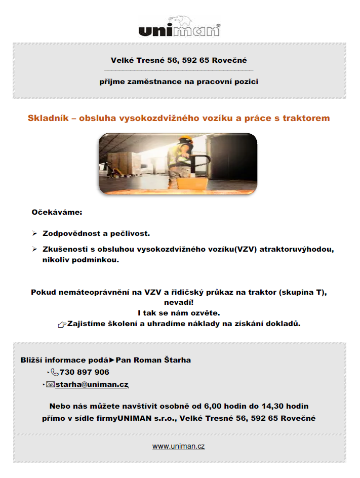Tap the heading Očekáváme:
[57, 212]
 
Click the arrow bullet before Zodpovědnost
[35, 234]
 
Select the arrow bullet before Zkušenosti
[35, 250]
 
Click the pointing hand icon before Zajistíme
[62, 325]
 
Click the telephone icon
[55, 373]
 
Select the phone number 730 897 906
[84, 372]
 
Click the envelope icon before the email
[50, 385]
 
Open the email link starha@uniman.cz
[92, 385]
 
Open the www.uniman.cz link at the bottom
[178, 446]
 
